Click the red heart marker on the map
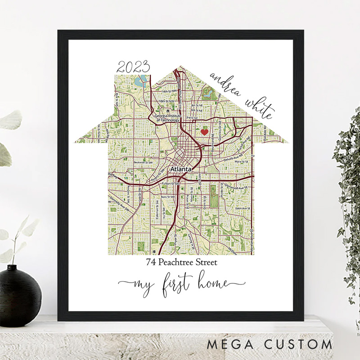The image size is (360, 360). pyautogui.click(x=204, y=132)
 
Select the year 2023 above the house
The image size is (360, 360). pyautogui.click(x=133, y=68)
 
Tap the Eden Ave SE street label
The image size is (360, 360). pyautogui.click(x=239, y=208)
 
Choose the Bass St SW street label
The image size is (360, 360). pyautogui.click(x=167, y=197)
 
